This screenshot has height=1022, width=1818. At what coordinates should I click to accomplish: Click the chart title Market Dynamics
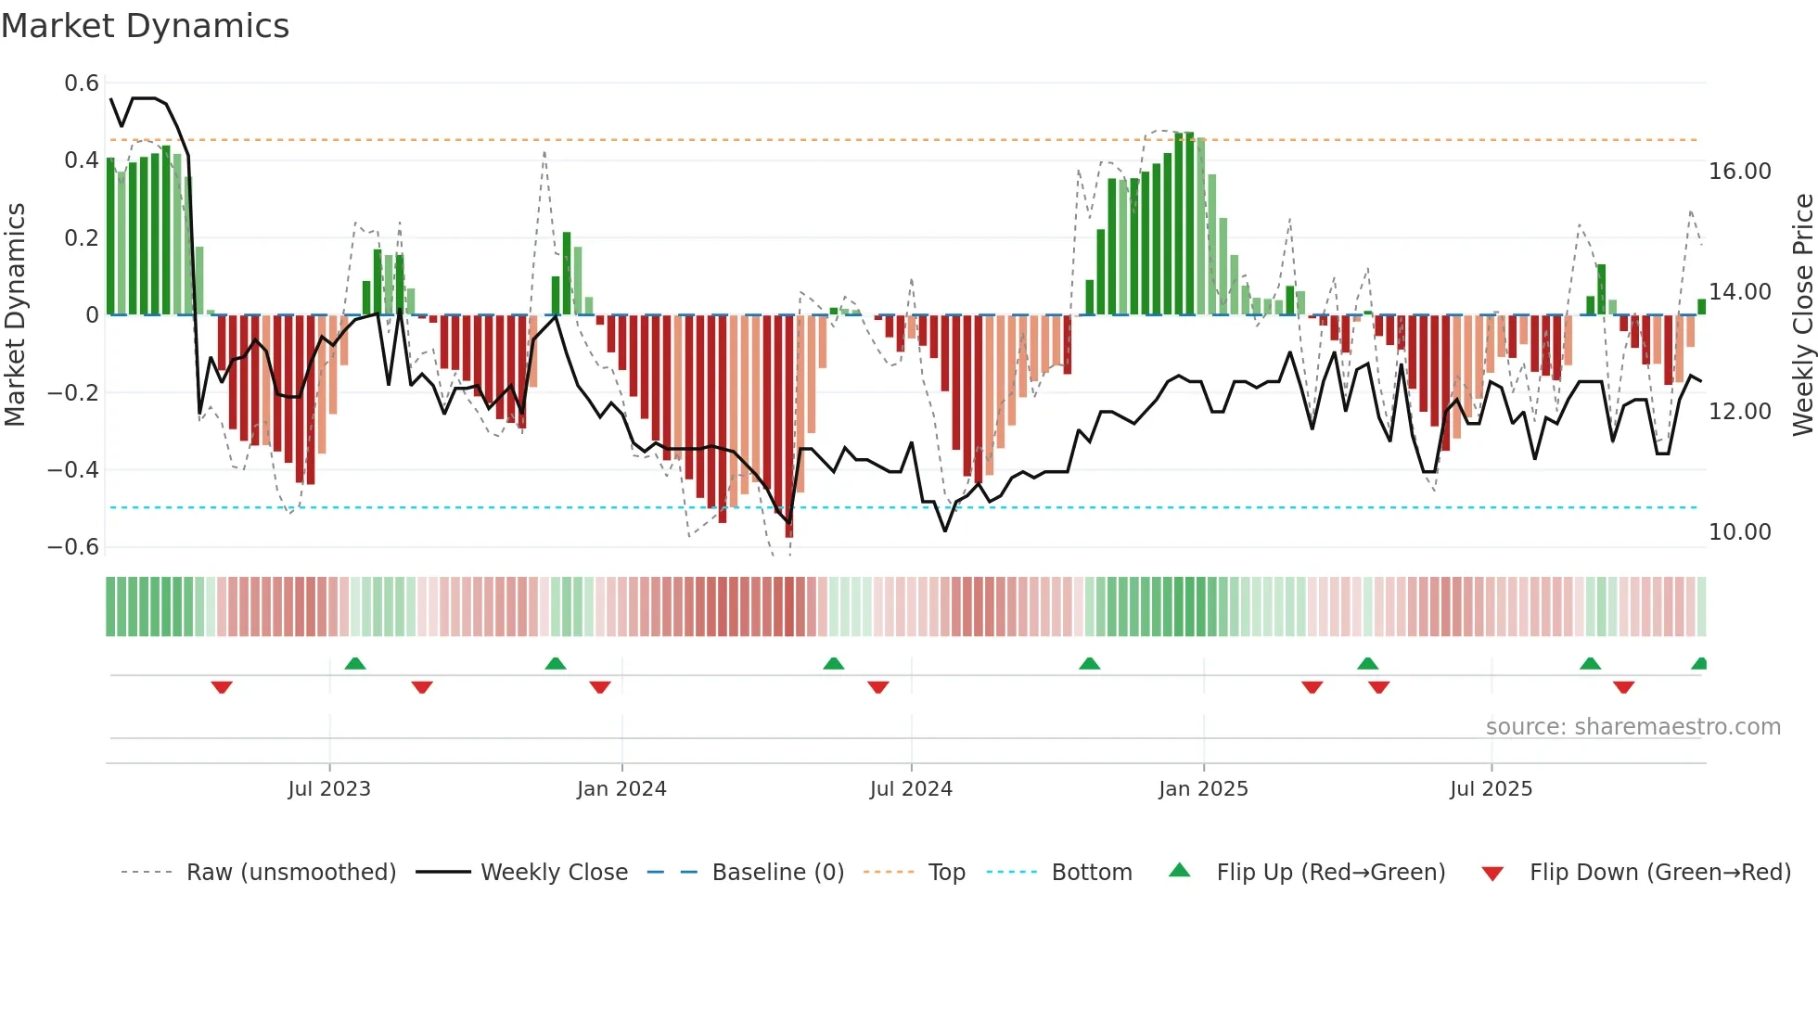[145, 26]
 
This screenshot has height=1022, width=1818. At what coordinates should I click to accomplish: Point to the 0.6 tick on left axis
[82, 83]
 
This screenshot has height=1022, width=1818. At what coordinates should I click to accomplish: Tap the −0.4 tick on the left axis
[73, 470]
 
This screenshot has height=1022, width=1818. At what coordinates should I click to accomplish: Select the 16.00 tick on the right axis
[1740, 172]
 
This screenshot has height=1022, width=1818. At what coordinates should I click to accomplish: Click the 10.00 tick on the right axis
[1740, 532]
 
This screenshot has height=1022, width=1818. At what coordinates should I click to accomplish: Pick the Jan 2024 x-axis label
[621, 789]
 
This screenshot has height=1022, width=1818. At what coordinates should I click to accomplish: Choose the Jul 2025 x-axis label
[1491, 789]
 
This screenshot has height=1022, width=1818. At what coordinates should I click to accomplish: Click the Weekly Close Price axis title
[1802, 315]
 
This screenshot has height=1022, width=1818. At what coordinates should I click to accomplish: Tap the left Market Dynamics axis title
[16, 315]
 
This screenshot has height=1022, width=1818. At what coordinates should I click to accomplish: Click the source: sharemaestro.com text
[1632, 727]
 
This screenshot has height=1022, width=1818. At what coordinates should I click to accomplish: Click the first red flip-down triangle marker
[222, 687]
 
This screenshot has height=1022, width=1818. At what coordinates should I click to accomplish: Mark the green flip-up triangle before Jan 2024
[556, 663]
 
